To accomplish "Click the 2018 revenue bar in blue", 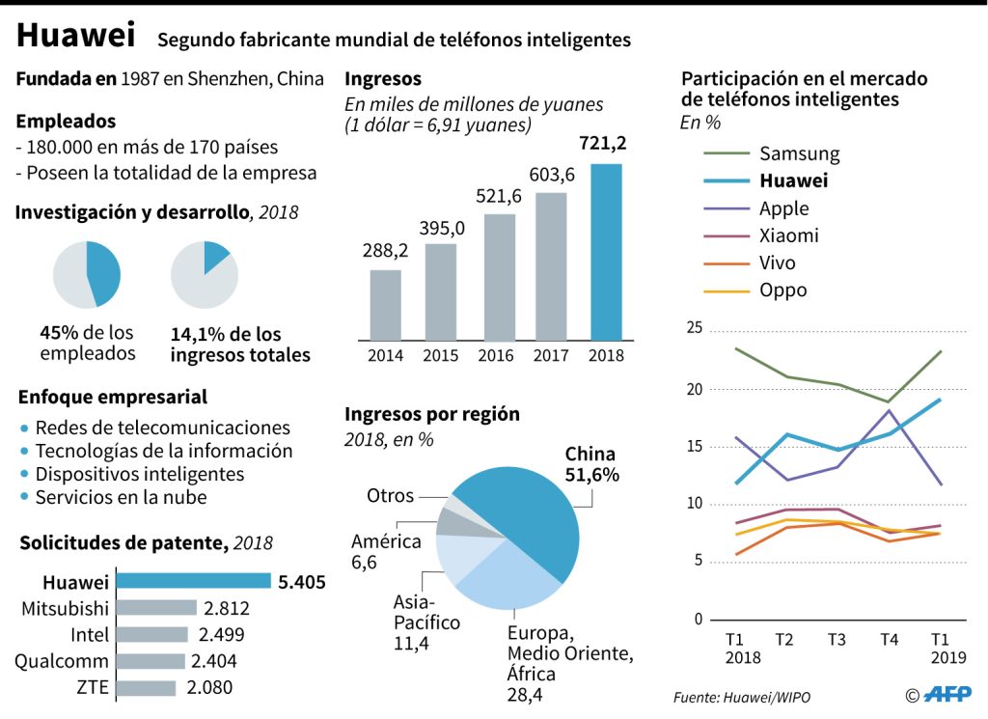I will (606, 252).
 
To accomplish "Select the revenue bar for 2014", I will (385, 304).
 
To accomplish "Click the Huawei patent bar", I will (193, 581).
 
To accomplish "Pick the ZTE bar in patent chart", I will (146, 688).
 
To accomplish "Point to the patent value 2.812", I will (228, 608).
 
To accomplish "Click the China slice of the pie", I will (526, 512).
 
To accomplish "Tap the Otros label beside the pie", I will (390, 496).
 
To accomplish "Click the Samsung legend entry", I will (799, 153).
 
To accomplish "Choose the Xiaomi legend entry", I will (788, 235).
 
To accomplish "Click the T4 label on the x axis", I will (889, 639).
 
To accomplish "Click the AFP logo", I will (948, 695).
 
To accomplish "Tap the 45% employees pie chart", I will (87, 275).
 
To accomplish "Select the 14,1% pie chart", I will (205, 275).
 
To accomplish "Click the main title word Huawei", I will (75, 37).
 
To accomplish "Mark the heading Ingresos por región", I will (432, 414).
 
